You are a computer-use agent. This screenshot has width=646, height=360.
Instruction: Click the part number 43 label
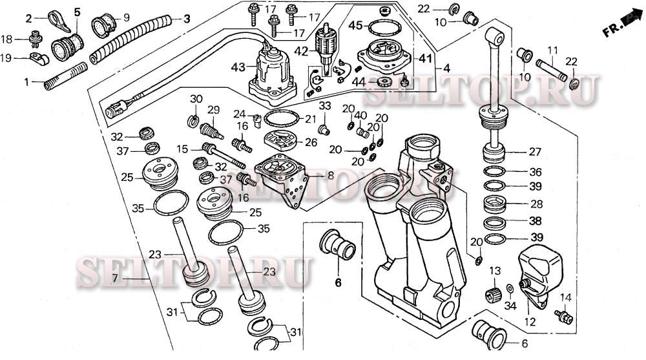(238, 67)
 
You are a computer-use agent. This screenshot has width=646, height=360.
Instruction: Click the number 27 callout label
(535, 153)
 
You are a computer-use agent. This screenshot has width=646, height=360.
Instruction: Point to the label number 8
(313, 175)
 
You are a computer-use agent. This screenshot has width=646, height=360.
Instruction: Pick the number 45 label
(355, 25)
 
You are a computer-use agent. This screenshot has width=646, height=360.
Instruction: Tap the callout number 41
(424, 58)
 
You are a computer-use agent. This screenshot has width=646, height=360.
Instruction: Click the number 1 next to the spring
(26, 82)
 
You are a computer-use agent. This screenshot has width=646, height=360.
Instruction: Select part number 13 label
(495, 270)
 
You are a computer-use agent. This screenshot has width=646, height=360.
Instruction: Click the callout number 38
(536, 220)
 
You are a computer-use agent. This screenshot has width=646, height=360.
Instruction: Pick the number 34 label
(510, 305)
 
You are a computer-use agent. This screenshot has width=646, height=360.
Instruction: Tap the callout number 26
(311, 142)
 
